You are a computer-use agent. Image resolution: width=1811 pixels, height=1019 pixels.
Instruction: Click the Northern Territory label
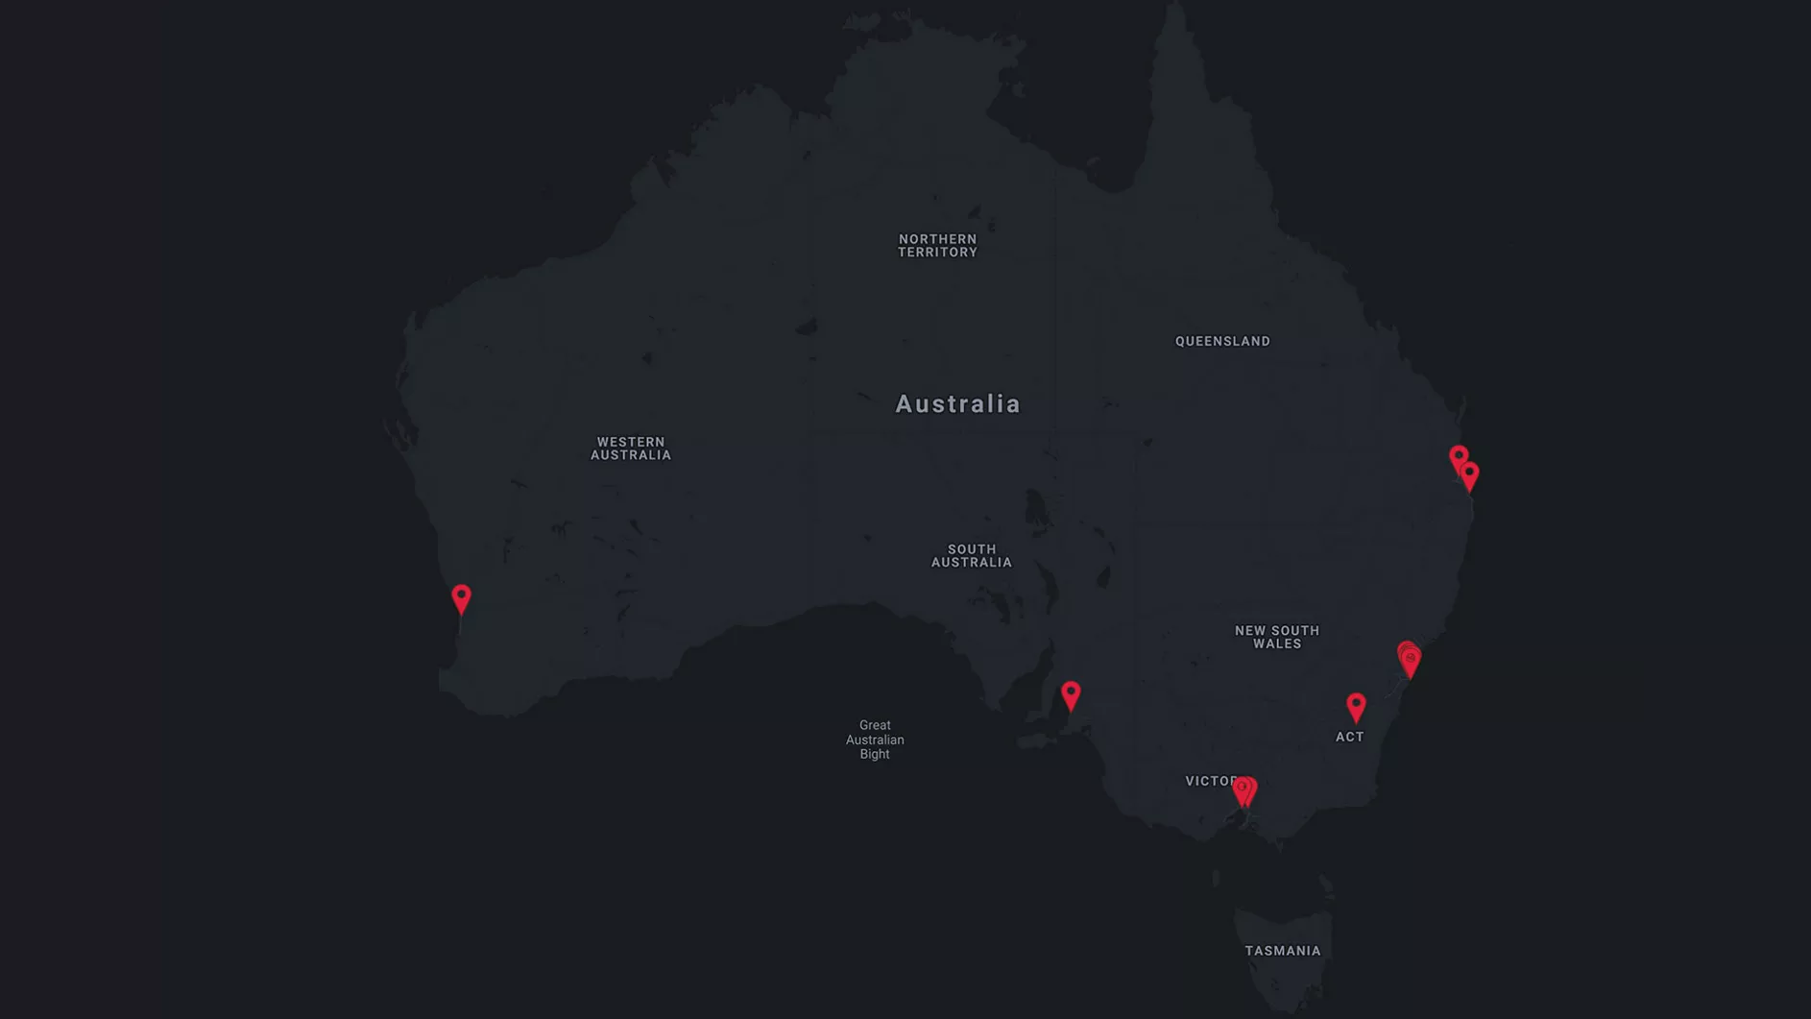click(x=937, y=246)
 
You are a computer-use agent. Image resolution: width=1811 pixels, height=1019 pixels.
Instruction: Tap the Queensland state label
click(x=1222, y=341)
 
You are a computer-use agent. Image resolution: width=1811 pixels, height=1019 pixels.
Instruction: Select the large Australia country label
click(x=957, y=403)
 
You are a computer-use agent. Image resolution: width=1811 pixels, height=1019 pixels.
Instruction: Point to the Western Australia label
click(x=630, y=449)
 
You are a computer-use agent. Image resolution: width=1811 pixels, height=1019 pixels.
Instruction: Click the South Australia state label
click(x=971, y=556)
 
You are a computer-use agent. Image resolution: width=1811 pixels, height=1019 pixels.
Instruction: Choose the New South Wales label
click(x=1276, y=637)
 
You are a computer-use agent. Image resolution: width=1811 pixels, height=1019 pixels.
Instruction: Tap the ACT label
click(x=1349, y=737)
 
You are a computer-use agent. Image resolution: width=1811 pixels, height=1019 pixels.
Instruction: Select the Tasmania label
click(x=1282, y=951)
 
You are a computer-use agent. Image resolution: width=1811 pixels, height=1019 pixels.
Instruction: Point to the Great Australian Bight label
click(x=874, y=740)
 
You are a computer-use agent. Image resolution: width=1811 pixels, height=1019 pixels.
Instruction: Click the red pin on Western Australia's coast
click(x=461, y=597)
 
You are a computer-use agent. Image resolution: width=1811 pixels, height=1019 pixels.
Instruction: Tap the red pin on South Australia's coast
click(x=1071, y=693)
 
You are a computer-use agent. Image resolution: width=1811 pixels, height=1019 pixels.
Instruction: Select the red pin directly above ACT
click(x=1355, y=706)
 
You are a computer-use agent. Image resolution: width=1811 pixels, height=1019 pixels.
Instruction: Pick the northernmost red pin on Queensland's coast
click(x=1458, y=457)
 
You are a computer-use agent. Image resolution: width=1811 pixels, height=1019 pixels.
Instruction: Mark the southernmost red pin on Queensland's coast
click(x=1469, y=474)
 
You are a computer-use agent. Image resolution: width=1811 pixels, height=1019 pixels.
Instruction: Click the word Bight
click(x=874, y=754)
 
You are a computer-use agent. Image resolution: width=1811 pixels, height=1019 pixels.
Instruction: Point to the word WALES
click(x=1276, y=643)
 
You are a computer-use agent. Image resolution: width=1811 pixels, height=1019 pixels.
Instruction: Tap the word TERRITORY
click(x=937, y=253)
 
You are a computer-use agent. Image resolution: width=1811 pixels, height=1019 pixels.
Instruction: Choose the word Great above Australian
click(x=874, y=725)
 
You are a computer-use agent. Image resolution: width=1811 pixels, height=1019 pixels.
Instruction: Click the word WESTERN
click(x=630, y=442)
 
